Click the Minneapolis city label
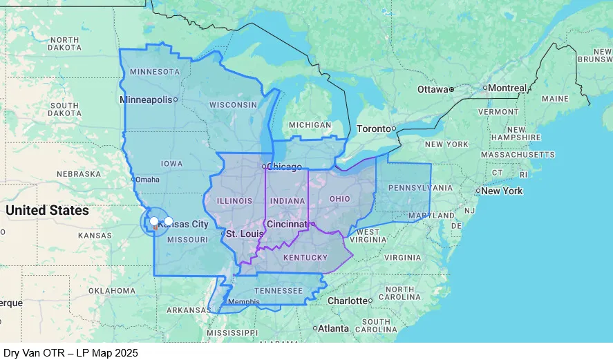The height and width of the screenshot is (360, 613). point(146,100)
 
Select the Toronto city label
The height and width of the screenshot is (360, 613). point(373,129)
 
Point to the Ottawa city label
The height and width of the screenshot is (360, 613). point(433,89)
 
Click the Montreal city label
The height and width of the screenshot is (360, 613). point(507,88)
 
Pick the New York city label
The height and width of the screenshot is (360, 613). point(502,191)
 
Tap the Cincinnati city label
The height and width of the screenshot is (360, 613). point(286,224)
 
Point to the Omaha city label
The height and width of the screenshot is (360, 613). point(147,180)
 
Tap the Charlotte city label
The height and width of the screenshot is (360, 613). point(347,301)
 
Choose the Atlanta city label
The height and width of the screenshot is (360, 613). point(334,328)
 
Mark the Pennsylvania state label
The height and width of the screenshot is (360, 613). point(411,188)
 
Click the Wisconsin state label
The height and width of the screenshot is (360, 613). point(233,104)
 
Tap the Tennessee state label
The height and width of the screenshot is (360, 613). point(279,291)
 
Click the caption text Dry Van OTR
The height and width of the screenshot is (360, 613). point(32,353)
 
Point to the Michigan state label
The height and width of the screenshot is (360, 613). point(310,125)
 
